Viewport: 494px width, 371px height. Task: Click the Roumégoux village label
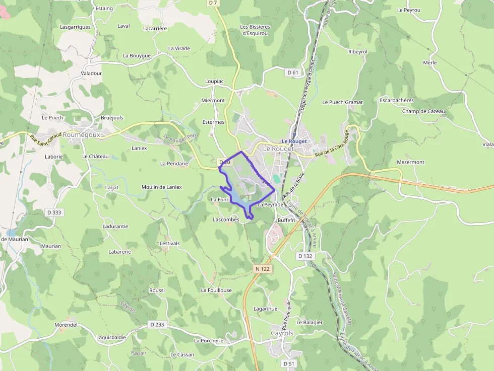coord(83,134)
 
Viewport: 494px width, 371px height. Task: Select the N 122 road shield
coord(263,269)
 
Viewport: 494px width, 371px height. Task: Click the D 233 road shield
coord(157,325)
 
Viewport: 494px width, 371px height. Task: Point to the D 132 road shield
coord(305,256)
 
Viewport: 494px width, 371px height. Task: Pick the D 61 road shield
coord(293,72)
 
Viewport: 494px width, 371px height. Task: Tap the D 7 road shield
coord(213,3)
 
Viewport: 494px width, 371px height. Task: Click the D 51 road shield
coord(288,363)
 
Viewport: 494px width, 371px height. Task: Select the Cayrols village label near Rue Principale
coord(282,333)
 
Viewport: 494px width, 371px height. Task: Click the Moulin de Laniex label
coord(161,187)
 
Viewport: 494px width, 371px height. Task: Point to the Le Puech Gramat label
coord(343,102)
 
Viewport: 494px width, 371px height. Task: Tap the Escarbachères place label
coord(397,101)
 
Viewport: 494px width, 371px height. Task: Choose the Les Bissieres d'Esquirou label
coord(255,30)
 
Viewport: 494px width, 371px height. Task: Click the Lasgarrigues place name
coord(75,27)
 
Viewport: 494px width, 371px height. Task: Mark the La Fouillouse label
coord(216,290)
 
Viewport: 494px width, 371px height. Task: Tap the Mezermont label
coord(411,162)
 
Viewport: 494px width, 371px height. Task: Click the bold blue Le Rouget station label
coord(294,141)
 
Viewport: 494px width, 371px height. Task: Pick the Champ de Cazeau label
coord(423,111)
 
